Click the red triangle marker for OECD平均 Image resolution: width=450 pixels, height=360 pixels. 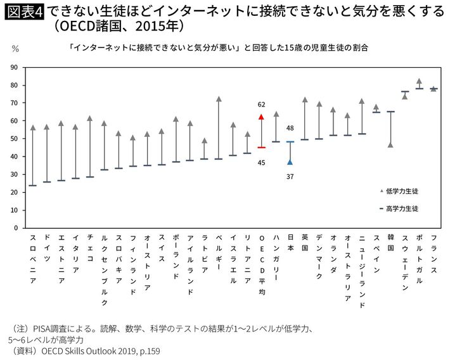pos(261,117)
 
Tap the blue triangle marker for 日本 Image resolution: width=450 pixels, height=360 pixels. pos(290,162)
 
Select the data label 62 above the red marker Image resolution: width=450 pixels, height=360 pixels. pos(261,104)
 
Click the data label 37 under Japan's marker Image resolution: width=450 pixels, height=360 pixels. pos(290,176)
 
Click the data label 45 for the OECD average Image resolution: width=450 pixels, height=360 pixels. pos(261,162)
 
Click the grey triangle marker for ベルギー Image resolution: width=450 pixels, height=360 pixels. pos(218,100)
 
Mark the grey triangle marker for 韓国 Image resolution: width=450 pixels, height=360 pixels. pos(390,145)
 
